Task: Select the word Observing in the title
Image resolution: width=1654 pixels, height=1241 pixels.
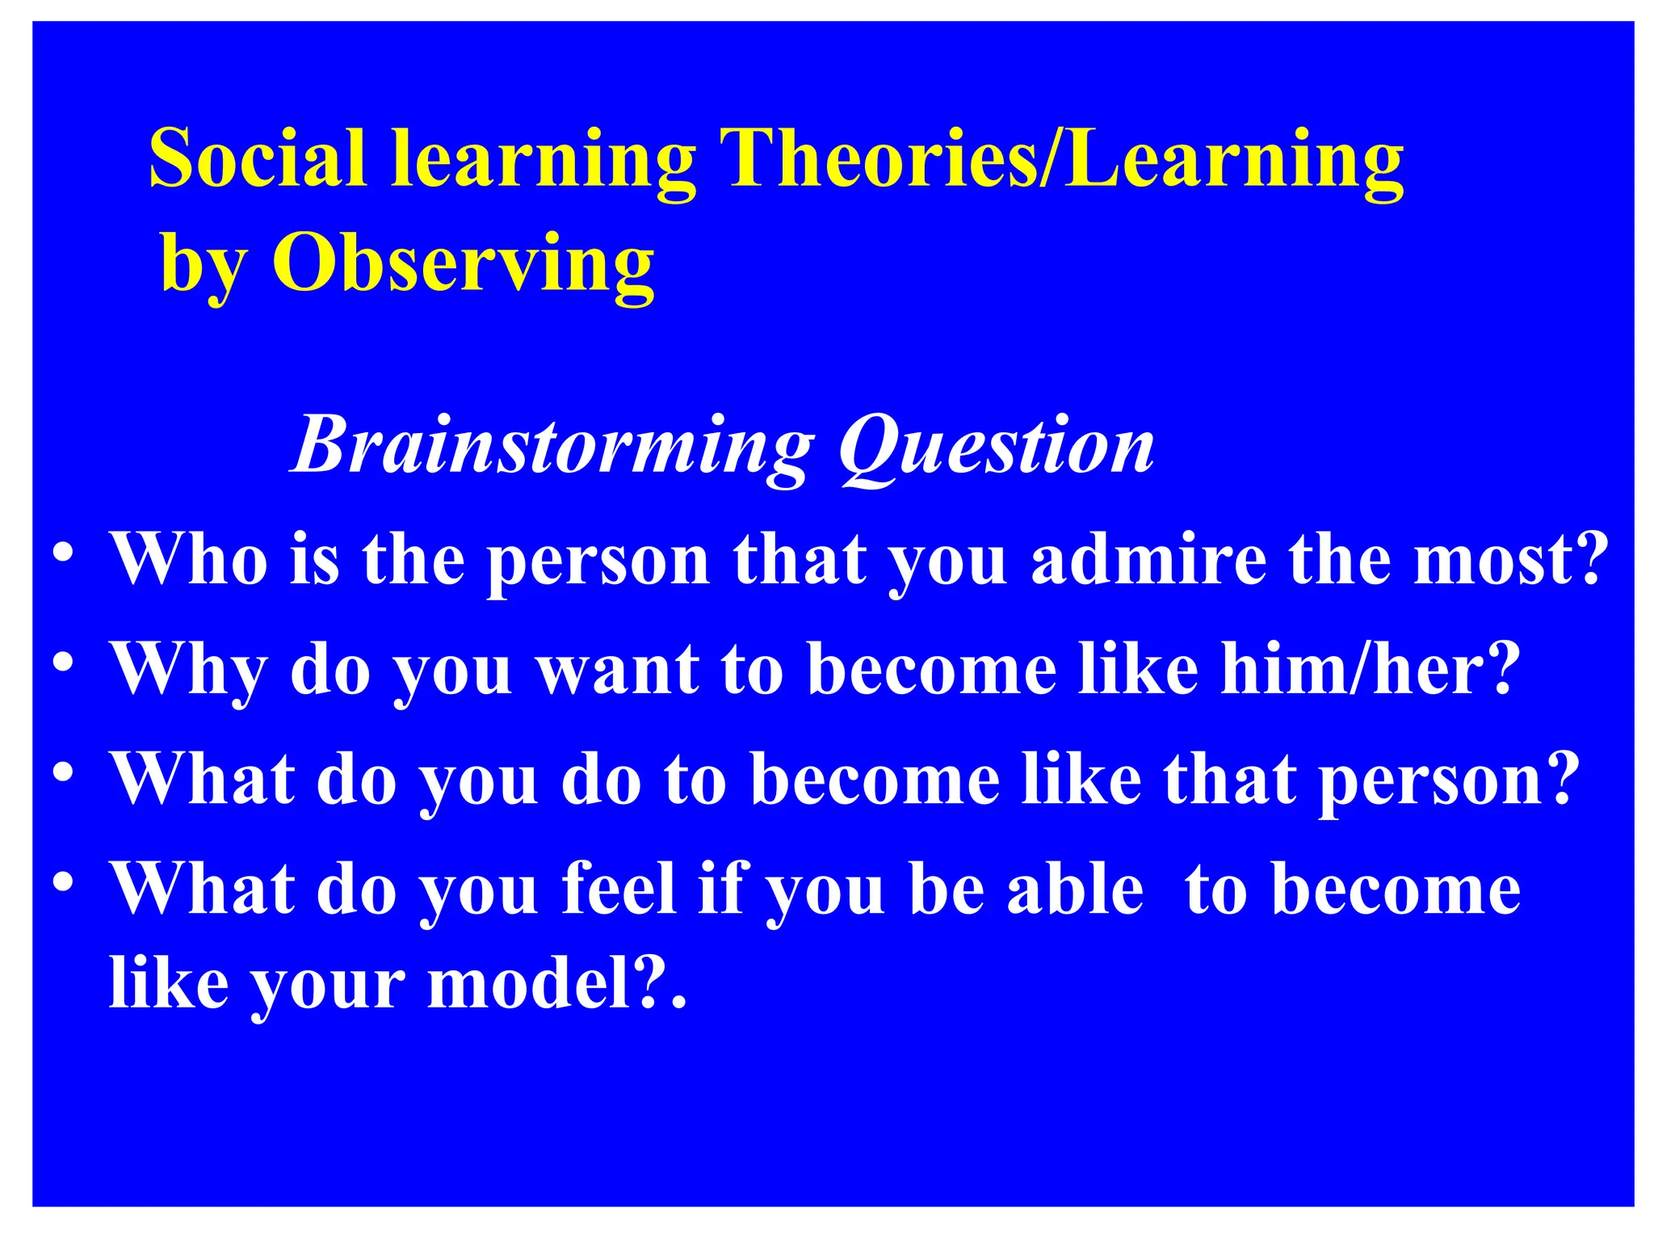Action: click(464, 263)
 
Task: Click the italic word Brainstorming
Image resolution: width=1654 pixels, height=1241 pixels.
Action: click(553, 447)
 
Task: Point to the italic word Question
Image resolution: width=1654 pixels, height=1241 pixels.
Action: click(996, 447)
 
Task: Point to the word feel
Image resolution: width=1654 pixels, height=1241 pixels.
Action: click(619, 889)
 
